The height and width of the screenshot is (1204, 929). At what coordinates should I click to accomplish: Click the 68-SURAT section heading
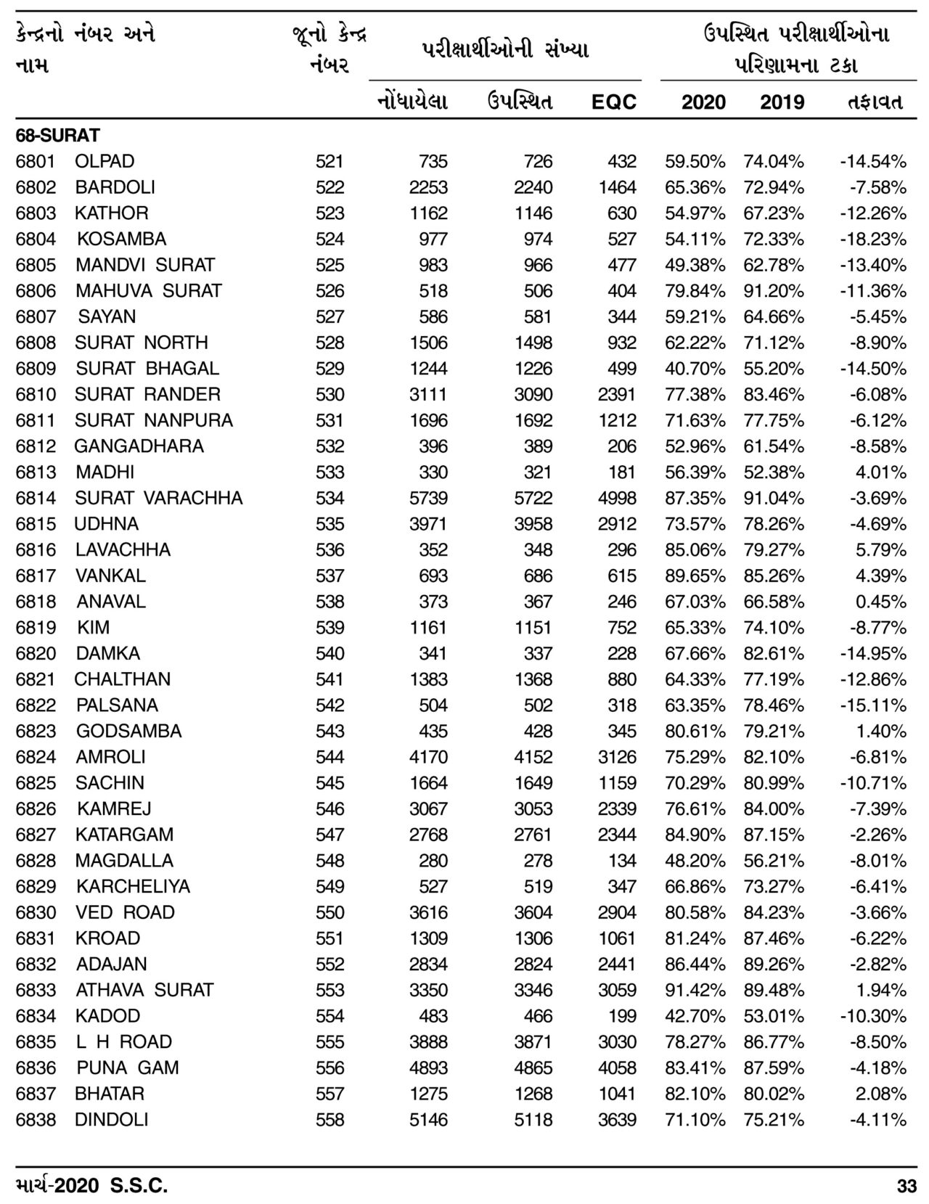(x=57, y=135)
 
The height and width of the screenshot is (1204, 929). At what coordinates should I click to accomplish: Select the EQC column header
(x=613, y=102)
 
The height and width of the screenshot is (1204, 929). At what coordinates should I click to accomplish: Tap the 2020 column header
(x=703, y=102)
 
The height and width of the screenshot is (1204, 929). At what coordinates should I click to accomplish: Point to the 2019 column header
(x=782, y=102)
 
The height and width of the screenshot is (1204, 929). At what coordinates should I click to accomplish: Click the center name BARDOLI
(x=115, y=187)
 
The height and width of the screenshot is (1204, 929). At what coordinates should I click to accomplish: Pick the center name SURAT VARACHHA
(x=158, y=498)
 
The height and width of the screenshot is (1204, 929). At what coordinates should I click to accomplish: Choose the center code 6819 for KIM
(x=36, y=628)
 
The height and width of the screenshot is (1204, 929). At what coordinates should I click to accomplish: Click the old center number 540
(x=330, y=653)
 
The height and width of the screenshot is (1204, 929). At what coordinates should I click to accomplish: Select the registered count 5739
(x=428, y=498)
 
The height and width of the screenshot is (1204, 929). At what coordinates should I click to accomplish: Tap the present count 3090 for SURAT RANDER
(x=533, y=395)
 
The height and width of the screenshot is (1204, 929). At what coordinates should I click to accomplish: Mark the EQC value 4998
(x=617, y=498)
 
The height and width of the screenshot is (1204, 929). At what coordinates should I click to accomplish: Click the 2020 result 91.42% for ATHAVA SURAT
(x=695, y=990)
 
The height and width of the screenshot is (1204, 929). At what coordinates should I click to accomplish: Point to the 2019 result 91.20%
(x=773, y=291)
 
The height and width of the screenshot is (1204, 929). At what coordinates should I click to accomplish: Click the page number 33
(x=907, y=1187)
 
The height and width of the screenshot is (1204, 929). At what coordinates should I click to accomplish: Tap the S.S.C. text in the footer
(x=139, y=1187)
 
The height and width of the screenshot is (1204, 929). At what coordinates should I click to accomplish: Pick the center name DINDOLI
(x=111, y=1119)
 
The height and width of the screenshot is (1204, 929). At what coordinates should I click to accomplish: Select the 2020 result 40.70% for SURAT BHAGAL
(x=695, y=369)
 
